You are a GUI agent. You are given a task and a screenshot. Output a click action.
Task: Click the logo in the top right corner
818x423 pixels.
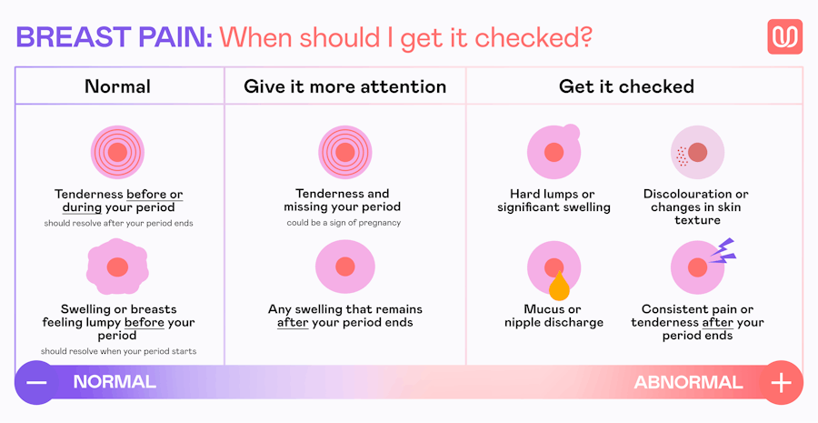(784, 36)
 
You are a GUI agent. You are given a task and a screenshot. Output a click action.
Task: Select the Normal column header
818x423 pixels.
(117, 86)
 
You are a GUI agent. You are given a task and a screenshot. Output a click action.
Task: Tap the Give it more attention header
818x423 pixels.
(344, 86)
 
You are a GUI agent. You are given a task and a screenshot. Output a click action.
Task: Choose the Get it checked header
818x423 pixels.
(626, 86)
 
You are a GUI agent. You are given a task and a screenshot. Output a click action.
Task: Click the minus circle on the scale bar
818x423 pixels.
(36, 382)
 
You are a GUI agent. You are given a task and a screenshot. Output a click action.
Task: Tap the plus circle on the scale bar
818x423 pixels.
(781, 382)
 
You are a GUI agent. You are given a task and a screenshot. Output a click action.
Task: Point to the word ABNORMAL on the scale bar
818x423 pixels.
(687, 382)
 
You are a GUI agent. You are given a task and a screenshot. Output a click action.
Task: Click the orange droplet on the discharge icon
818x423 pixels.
(559, 287)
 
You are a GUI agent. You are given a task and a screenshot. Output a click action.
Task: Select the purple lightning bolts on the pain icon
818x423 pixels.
(723, 251)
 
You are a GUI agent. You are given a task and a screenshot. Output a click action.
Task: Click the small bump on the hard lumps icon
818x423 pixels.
(571, 132)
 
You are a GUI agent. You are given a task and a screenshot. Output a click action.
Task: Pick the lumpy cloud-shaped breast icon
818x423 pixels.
(117, 267)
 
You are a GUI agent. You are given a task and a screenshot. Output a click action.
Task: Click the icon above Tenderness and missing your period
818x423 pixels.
(344, 152)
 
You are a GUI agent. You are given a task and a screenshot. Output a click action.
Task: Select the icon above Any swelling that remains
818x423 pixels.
(344, 267)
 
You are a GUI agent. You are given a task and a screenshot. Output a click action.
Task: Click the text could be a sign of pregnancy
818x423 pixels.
(344, 223)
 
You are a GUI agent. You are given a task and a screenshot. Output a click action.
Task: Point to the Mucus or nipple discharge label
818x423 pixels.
(554, 316)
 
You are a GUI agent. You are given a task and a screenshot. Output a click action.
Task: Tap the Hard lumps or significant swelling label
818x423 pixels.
(554, 200)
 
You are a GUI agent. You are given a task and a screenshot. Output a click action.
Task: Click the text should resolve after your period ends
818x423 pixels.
(117, 223)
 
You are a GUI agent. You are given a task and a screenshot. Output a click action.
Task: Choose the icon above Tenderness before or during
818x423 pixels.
(117, 152)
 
